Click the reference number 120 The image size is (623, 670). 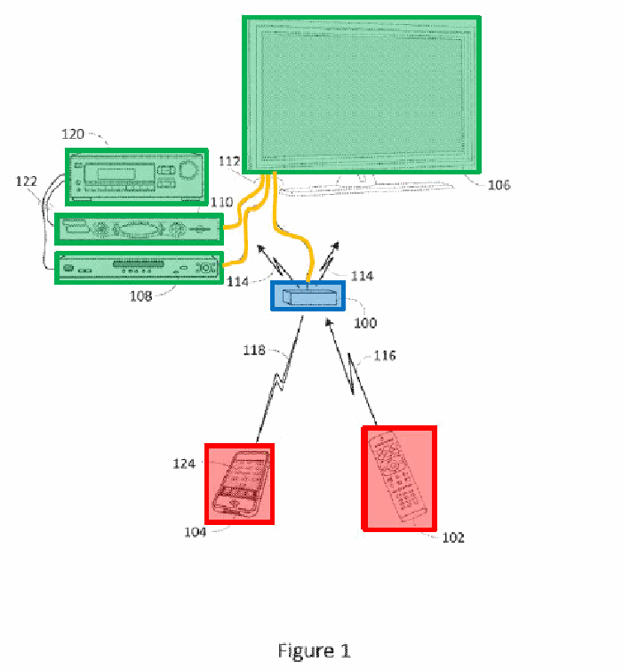click(x=73, y=134)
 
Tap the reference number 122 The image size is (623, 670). click(x=27, y=182)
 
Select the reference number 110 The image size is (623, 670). click(x=221, y=202)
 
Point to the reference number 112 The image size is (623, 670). click(x=229, y=161)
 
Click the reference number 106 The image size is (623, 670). click(x=499, y=185)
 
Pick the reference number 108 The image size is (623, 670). click(x=140, y=296)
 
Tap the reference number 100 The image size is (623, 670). click(x=365, y=323)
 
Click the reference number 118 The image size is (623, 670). click(x=254, y=351)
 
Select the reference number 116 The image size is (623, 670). click(x=385, y=356)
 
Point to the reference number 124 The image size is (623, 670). click(x=184, y=464)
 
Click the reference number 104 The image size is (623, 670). click(x=195, y=532)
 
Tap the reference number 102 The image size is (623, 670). click(x=453, y=537)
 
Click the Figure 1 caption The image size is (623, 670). click(x=314, y=651)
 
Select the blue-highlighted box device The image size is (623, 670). click(x=308, y=295)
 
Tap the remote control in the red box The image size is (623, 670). click(x=397, y=477)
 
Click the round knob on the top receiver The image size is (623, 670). click(x=188, y=169)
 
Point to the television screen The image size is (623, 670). click(x=362, y=95)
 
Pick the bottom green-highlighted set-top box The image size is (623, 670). click(x=140, y=268)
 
